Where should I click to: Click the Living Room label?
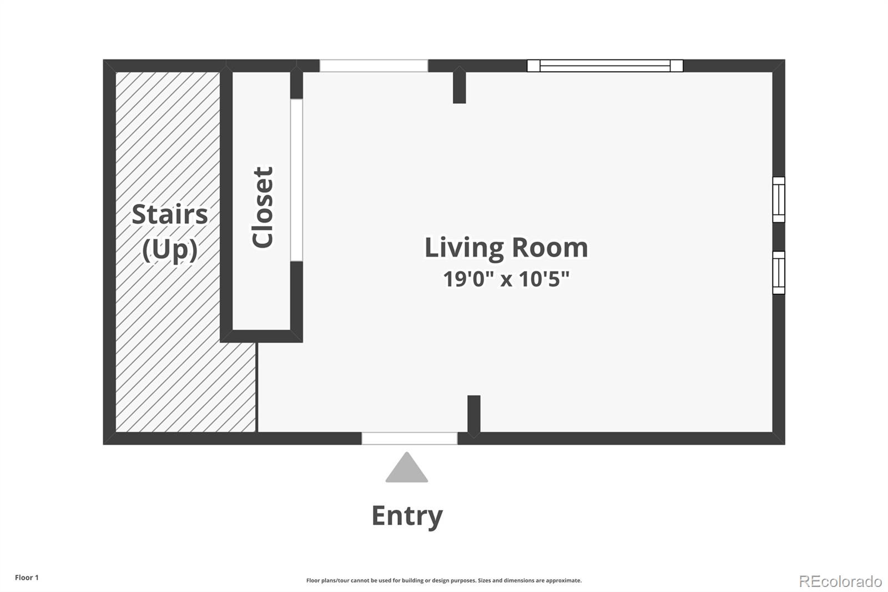click(x=506, y=248)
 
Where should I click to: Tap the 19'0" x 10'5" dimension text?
click(x=506, y=279)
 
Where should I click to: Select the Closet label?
click(x=263, y=208)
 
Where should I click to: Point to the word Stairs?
click(x=170, y=215)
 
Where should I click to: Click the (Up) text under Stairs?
click(x=170, y=250)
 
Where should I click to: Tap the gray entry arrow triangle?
click(x=407, y=468)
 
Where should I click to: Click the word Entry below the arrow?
click(x=407, y=516)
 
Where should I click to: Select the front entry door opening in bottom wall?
click(x=410, y=438)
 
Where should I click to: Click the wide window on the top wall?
click(x=605, y=66)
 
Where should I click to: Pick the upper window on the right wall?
click(x=779, y=199)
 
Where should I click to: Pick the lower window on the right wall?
click(x=779, y=273)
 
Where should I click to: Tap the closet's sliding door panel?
click(x=296, y=180)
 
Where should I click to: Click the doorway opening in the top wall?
click(x=374, y=66)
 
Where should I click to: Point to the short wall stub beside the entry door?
click(x=474, y=414)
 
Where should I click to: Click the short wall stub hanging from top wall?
click(x=460, y=86)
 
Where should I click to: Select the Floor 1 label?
click(x=27, y=578)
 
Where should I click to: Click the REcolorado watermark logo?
click(x=840, y=581)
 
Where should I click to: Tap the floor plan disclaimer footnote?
click(x=444, y=580)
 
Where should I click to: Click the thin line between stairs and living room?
click(x=257, y=387)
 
